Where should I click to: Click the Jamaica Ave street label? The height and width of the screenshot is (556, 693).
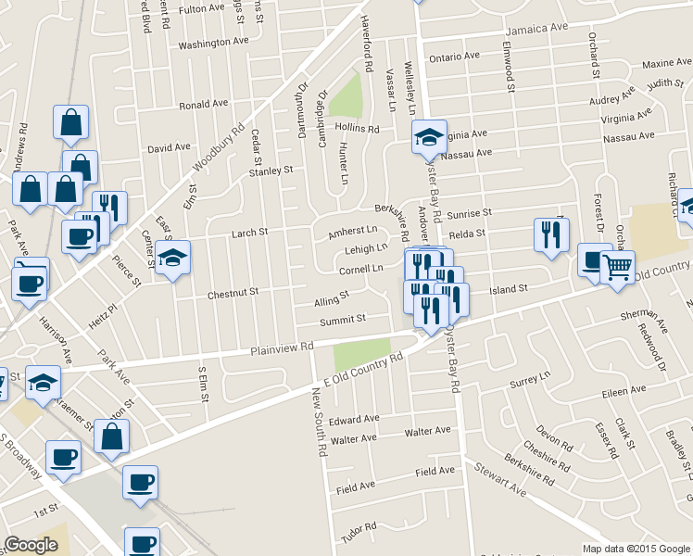(535, 28)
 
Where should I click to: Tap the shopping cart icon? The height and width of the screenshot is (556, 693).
(617, 268)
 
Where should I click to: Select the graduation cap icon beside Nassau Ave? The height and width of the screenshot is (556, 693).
(429, 138)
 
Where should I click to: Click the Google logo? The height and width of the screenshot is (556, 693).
(31, 545)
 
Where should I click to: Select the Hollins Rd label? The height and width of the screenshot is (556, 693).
(358, 129)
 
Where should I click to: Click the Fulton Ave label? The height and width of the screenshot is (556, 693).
(202, 9)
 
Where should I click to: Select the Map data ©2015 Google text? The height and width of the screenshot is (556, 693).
(636, 549)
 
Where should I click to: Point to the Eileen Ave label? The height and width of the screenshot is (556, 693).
(624, 393)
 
